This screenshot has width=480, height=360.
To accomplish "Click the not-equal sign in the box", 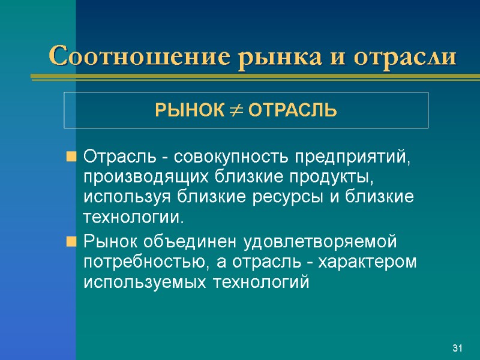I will coord(236,111).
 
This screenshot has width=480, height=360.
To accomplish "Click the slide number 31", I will coord(458,349).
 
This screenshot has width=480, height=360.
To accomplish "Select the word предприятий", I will coord(354,158).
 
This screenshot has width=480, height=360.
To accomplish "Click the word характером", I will coord(364,262).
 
